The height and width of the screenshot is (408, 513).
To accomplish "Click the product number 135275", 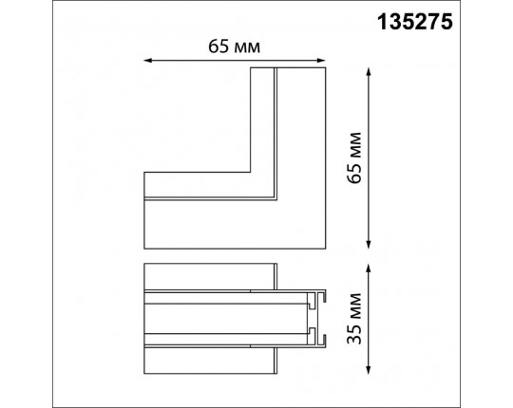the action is [x=415, y=22].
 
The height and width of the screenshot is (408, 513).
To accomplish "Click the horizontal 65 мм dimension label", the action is [x=235, y=46].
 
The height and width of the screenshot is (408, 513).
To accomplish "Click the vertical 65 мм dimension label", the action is [x=354, y=158].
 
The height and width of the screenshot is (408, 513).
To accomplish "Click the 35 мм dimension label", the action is [x=354, y=319].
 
